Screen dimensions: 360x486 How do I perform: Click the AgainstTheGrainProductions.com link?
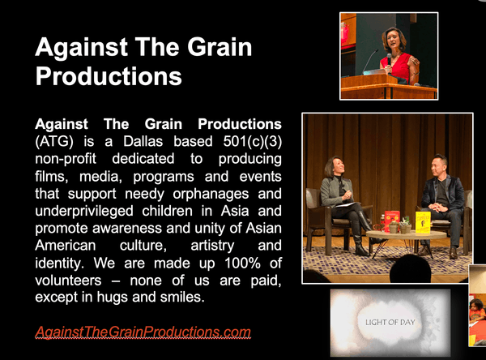click(143, 332)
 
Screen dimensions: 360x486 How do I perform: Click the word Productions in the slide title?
click(108, 76)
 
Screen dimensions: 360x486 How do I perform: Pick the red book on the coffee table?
click(391, 219)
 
